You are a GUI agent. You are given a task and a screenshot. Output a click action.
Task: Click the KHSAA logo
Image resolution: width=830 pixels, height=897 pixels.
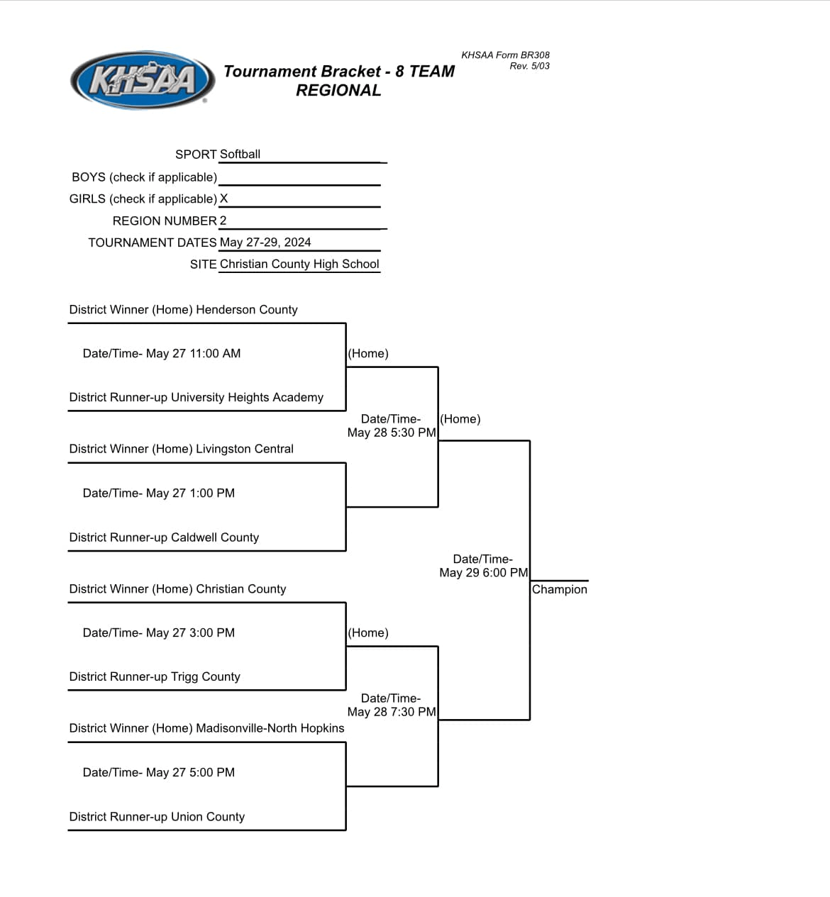pos(143,80)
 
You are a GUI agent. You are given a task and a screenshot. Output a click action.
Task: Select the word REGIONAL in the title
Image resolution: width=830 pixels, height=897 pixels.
pos(338,90)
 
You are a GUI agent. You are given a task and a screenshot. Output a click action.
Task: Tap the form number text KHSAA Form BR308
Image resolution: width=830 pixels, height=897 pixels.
pos(505,55)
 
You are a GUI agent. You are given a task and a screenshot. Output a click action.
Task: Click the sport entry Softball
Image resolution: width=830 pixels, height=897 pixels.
pos(240,154)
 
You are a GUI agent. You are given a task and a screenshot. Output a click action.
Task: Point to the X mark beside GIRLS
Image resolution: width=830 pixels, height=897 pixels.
pos(223,199)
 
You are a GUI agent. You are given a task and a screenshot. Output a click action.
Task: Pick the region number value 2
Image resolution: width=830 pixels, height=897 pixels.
pos(223,221)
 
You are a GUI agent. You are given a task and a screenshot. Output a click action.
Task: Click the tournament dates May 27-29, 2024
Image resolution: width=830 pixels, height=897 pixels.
pos(265,243)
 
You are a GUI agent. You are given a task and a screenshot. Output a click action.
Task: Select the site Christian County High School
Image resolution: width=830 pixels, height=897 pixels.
pos(299,264)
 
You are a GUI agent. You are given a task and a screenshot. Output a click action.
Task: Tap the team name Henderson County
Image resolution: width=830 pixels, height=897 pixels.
pos(247,310)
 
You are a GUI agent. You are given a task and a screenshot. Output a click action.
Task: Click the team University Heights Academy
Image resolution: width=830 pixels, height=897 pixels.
pos(248,398)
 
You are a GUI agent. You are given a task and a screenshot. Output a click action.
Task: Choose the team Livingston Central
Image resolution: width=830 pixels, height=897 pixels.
pos(245,449)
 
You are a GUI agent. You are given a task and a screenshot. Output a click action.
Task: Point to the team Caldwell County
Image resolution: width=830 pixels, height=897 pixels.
pos(215,537)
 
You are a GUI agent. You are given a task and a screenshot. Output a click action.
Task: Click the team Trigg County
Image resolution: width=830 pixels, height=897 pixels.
pos(206,676)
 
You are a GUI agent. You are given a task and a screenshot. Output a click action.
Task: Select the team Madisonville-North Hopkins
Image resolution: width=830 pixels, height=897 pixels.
pos(270,728)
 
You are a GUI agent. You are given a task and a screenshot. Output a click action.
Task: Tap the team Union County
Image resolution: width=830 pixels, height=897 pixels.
pos(208,817)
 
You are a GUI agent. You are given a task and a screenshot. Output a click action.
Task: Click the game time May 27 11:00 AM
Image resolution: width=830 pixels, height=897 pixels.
pos(193,354)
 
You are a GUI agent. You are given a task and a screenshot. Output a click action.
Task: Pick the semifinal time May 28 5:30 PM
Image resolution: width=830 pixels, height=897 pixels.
pos(392,433)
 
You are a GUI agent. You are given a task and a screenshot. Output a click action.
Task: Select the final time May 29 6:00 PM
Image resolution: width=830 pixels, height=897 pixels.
pos(484,573)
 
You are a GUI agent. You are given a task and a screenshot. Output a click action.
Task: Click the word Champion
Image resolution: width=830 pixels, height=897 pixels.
pos(560,589)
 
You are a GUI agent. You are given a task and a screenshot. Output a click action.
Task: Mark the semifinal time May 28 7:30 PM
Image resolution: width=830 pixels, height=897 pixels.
pos(392,712)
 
